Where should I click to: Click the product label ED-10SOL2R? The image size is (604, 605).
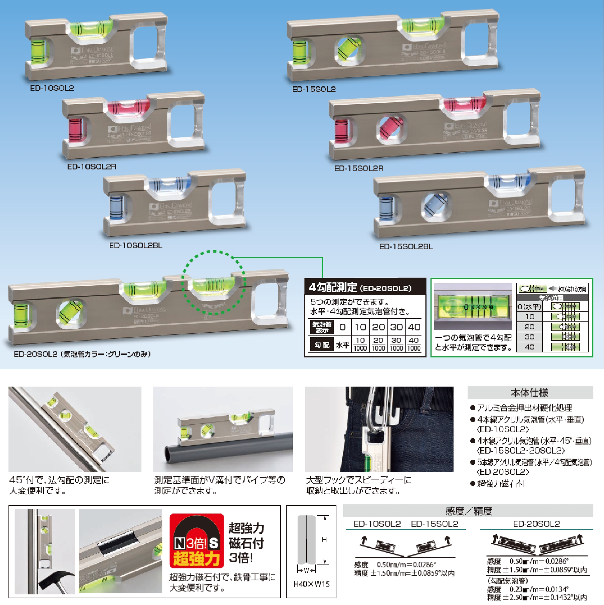click(92, 167)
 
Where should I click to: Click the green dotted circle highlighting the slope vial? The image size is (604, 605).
click(214, 283)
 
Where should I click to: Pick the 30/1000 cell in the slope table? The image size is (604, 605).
click(396, 344)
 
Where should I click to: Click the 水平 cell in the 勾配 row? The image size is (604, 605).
click(343, 345)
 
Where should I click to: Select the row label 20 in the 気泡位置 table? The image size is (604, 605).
click(530, 327)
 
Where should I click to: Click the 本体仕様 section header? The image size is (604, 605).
click(530, 393)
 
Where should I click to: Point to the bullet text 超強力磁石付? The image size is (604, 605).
click(501, 483)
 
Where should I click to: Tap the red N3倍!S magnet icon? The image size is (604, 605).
click(196, 541)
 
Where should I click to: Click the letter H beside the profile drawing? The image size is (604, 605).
click(324, 540)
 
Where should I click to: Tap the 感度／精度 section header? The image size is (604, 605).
click(469, 511)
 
